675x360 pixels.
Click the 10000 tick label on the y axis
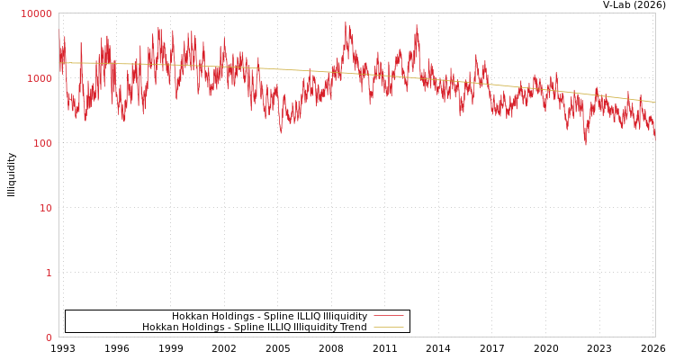point(37,13)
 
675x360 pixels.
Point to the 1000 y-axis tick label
point(40,78)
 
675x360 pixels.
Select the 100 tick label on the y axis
point(42,143)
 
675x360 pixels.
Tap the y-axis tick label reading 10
point(45,208)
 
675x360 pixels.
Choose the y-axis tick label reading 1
point(49,273)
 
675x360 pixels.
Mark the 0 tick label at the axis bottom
point(49,337)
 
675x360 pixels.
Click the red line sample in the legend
point(388,316)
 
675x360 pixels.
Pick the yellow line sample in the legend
point(388,328)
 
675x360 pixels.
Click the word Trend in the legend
point(352,328)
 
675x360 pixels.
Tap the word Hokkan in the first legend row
point(190,316)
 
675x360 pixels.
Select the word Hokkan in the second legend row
point(160,328)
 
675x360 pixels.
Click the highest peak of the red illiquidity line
point(346,22)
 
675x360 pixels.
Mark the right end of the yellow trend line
point(654,102)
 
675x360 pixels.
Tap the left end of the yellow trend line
point(59,62)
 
